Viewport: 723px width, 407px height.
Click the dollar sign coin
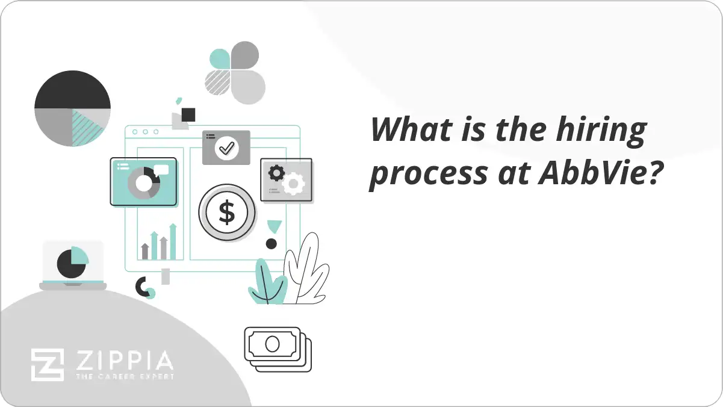coord(227,213)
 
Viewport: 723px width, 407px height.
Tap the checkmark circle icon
coord(227,147)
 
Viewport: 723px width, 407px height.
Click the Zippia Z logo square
coord(47,365)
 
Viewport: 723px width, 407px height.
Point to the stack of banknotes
coord(278,349)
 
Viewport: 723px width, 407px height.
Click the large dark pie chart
coord(72,108)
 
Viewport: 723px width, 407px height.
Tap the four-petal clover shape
coord(236,72)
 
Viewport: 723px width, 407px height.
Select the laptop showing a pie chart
coord(72,265)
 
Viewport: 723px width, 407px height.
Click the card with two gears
coord(286,179)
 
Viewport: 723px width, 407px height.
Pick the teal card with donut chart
coord(143,181)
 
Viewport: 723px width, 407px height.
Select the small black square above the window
coord(188,114)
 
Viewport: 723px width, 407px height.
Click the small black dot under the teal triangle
coord(272,244)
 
